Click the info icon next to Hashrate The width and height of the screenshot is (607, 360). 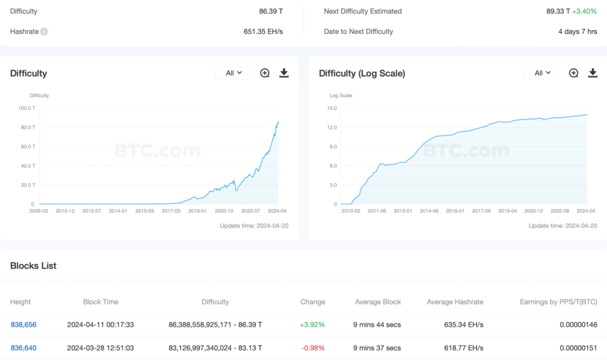(44, 31)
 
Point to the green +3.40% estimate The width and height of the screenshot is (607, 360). (584, 11)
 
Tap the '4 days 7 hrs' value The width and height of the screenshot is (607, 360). (577, 31)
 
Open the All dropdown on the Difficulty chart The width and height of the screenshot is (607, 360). (232, 73)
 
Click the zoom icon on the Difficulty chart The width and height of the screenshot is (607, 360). (265, 73)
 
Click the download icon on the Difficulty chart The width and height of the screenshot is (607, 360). (284, 73)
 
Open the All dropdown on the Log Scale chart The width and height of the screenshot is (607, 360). (541, 73)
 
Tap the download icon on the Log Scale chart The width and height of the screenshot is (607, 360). (593, 73)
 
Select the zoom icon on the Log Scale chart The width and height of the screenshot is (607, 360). (574, 73)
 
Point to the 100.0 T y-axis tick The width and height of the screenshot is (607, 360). (27, 108)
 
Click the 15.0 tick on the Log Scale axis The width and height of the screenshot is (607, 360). (331, 108)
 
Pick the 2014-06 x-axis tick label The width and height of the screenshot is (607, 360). (429, 211)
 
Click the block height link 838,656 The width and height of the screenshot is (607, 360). (24, 324)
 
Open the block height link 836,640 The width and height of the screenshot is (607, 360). (24, 348)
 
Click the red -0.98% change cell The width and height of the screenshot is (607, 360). (312, 348)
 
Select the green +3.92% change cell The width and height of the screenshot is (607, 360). (312, 324)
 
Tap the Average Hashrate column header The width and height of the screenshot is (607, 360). (455, 302)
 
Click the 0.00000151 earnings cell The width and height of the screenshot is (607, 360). (578, 348)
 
